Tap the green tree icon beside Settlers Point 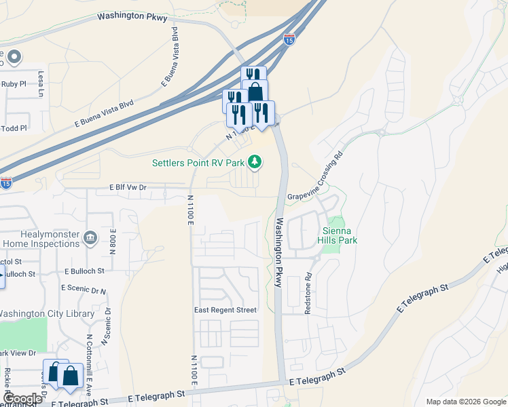pos(255,161)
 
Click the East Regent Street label pos(225,310)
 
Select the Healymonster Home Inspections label pos(41,239)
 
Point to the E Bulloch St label pos(84,270)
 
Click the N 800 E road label pos(113,241)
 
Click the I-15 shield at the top pos(290,39)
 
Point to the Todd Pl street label pos(14,128)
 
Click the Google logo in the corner pos(22,399)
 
